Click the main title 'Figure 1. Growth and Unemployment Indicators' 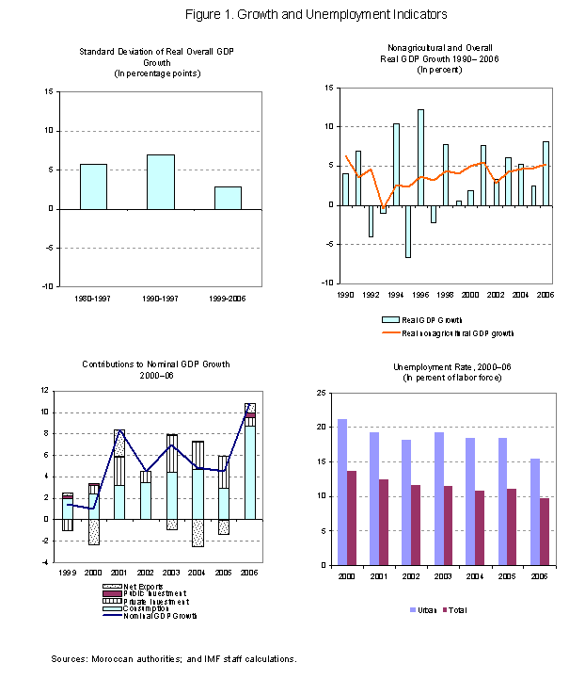(292, 14)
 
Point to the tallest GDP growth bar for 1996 (420, 156)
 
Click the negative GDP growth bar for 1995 (407, 231)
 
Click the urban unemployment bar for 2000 (342, 492)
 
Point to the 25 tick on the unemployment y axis (322, 393)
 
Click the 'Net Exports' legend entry (121, 586)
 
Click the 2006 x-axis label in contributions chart (249, 571)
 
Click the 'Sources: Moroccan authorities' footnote (174, 658)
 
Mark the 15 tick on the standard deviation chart (48, 91)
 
